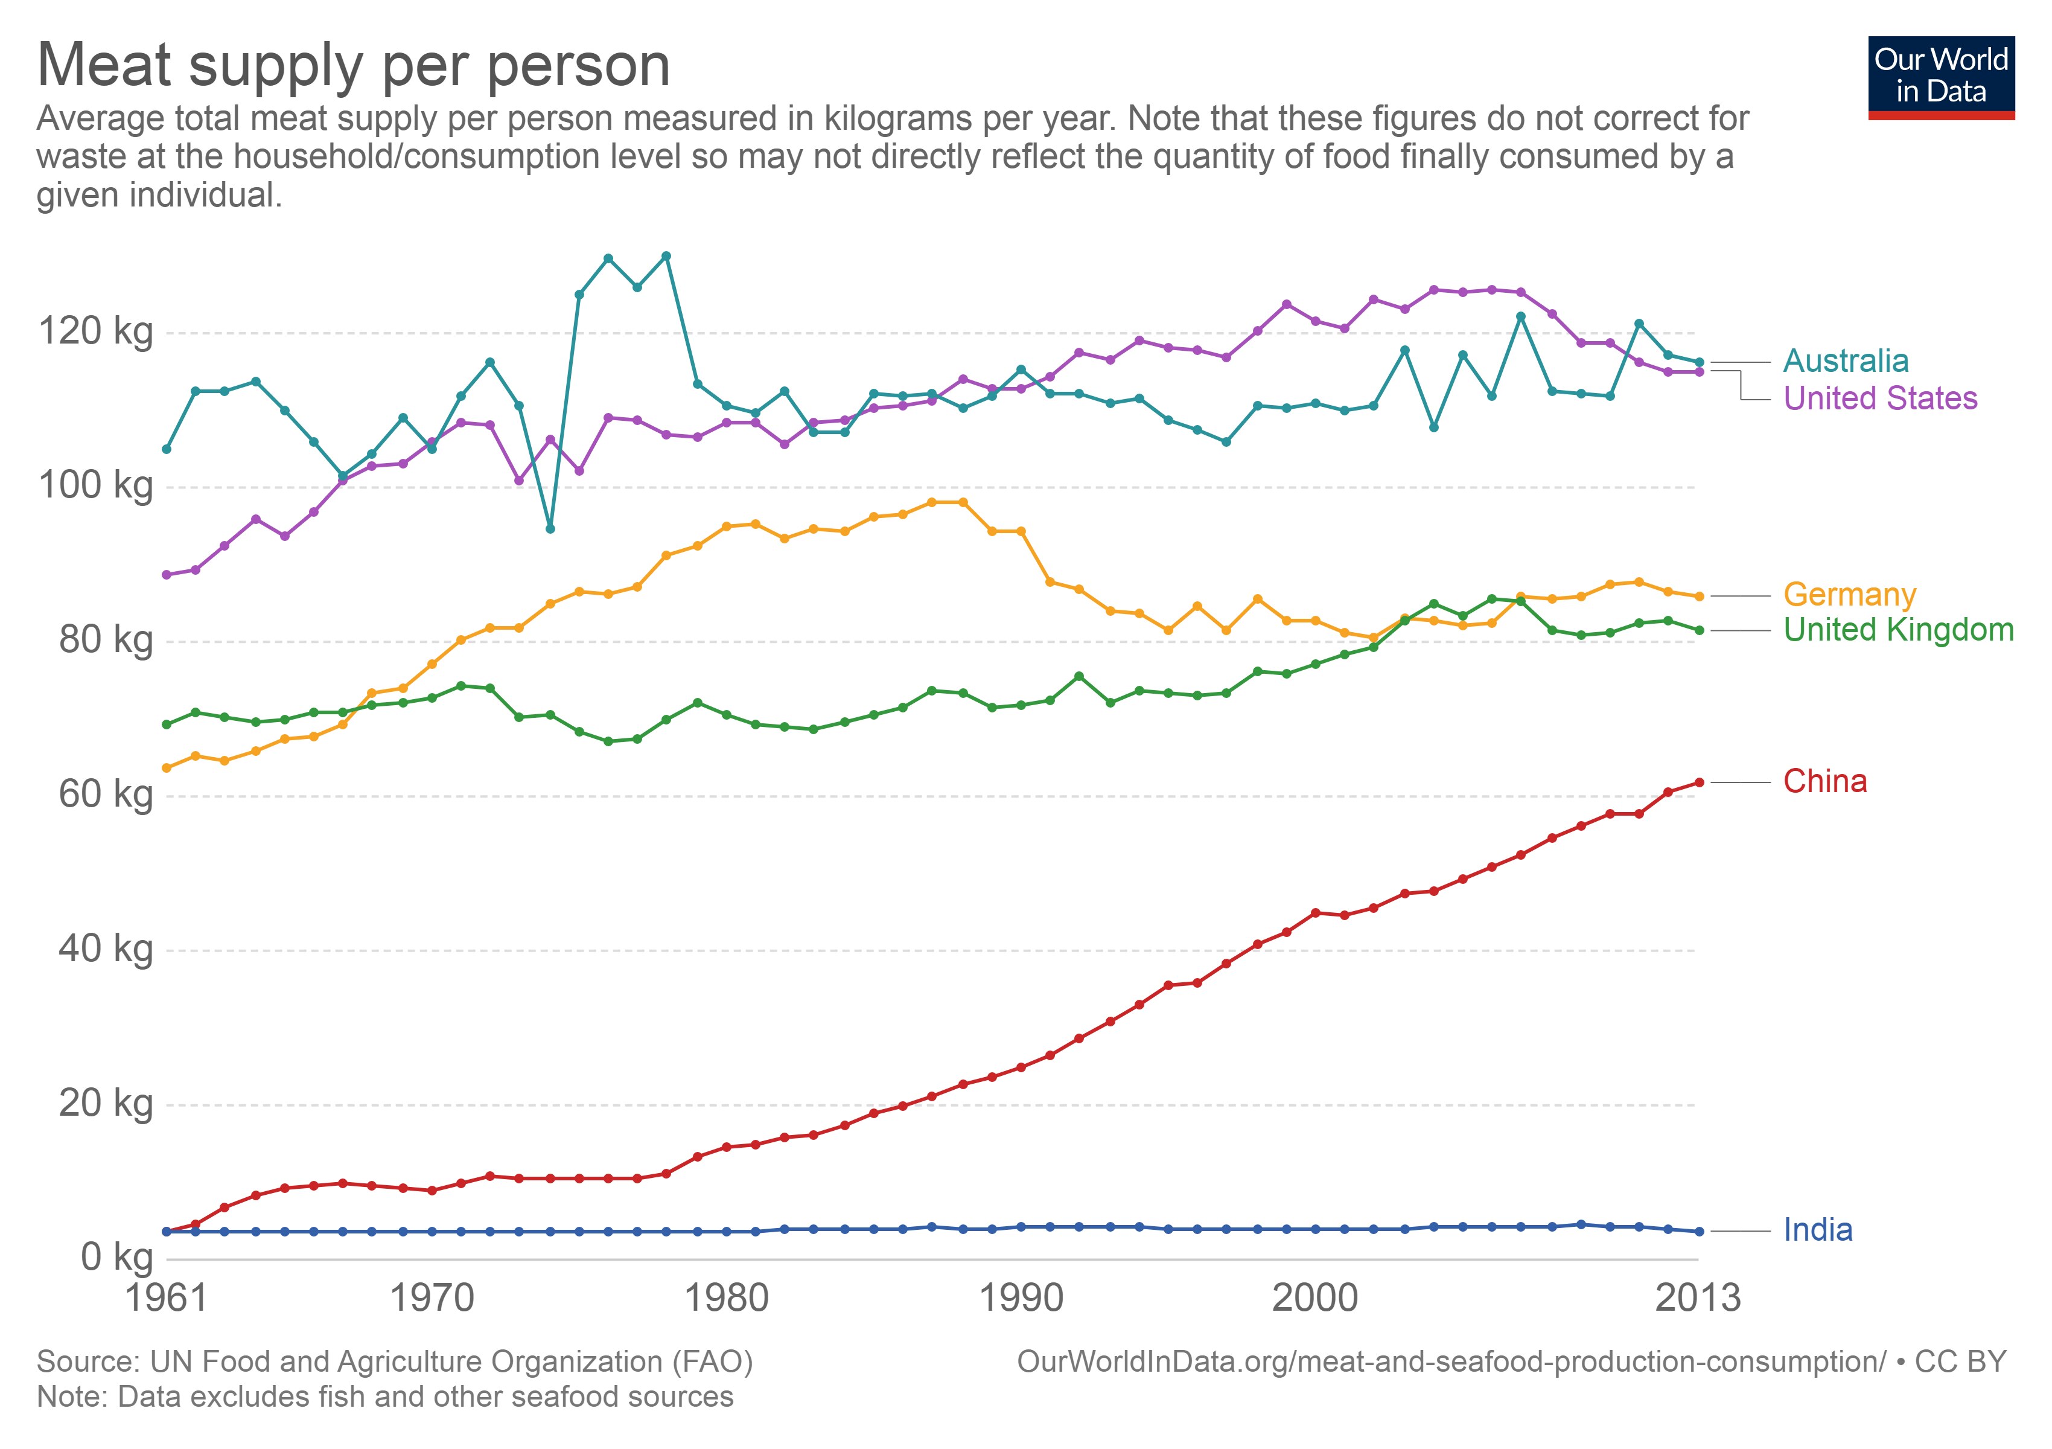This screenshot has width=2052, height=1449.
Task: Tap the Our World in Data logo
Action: coord(1940,77)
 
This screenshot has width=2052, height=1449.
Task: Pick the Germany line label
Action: coord(1849,595)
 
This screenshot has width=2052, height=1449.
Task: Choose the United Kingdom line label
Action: coord(1897,630)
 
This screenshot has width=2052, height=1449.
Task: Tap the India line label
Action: coord(1817,1231)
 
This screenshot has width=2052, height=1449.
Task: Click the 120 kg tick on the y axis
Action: coord(95,331)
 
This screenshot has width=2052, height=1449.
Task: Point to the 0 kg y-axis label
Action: coord(116,1258)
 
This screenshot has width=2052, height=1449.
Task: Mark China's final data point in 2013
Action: coord(1699,783)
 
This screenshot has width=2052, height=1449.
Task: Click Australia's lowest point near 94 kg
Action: coord(550,529)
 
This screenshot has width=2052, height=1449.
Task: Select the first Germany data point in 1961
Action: coord(166,768)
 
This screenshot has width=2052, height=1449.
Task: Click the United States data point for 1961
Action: coord(166,575)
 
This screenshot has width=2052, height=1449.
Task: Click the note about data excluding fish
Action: coord(384,1397)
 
